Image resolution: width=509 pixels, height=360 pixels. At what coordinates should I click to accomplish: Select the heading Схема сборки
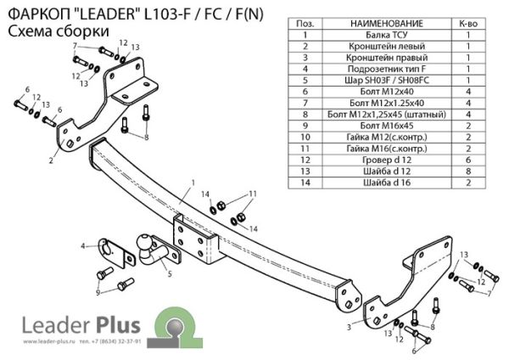(x=57, y=31)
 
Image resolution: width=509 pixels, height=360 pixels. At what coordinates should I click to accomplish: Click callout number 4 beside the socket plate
(x=83, y=246)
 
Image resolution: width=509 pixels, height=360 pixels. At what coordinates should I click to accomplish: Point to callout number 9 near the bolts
(x=98, y=293)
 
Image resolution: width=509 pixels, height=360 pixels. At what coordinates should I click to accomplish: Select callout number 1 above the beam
(x=193, y=183)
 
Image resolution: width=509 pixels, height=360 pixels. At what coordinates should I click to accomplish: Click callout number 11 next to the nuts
(x=252, y=195)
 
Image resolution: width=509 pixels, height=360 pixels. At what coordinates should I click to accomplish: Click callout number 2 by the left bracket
(x=51, y=159)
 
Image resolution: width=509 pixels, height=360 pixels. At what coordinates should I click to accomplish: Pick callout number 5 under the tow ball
(x=170, y=273)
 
